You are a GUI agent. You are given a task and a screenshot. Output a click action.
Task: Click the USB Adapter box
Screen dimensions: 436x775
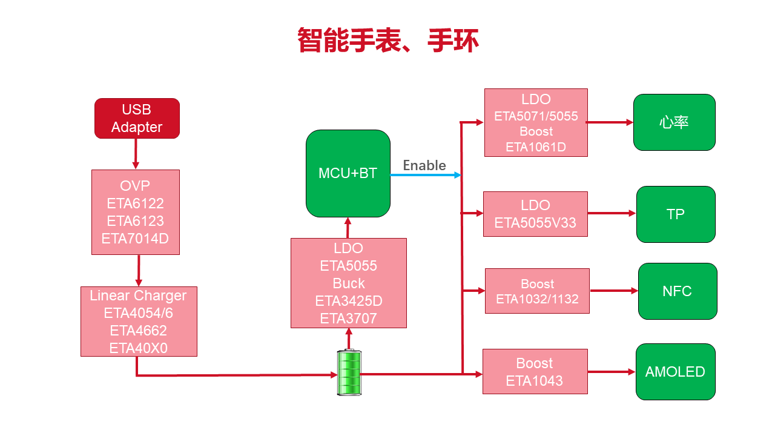pyautogui.click(x=137, y=118)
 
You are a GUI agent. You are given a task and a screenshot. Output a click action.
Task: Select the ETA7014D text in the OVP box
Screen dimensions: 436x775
pyautogui.click(x=135, y=239)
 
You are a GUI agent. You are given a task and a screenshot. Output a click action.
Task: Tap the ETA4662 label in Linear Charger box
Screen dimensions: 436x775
pyautogui.click(x=138, y=331)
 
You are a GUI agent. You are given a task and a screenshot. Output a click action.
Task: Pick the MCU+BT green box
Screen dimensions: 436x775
pyautogui.click(x=348, y=173)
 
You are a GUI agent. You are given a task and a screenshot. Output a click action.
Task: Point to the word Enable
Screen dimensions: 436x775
pyautogui.click(x=424, y=165)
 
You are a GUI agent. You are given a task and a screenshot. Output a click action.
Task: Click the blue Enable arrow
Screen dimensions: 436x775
pyautogui.click(x=425, y=175)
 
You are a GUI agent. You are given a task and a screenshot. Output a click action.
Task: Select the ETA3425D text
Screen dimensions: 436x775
pyautogui.click(x=349, y=301)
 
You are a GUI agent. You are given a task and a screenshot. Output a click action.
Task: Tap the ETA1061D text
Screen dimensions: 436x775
pyautogui.click(x=536, y=147)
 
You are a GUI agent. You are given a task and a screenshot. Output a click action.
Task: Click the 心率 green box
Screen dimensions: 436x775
pyautogui.click(x=674, y=122)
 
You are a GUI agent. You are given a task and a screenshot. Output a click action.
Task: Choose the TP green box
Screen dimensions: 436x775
pyautogui.click(x=675, y=214)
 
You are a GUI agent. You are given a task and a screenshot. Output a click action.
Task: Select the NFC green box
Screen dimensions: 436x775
pyautogui.click(x=677, y=291)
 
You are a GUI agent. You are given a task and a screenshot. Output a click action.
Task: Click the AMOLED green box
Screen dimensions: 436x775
pyautogui.click(x=675, y=372)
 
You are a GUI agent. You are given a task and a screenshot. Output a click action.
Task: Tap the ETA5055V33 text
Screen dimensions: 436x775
pyautogui.click(x=535, y=223)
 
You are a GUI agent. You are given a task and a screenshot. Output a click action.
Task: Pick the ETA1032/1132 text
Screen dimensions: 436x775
pyautogui.click(x=537, y=299)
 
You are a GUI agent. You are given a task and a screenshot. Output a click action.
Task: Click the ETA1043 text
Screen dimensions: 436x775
pyautogui.click(x=535, y=381)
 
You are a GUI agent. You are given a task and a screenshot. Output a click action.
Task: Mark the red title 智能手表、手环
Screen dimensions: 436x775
pyautogui.click(x=388, y=41)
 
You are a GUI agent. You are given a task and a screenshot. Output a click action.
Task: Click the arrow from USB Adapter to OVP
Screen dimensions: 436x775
pyautogui.click(x=136, y=154)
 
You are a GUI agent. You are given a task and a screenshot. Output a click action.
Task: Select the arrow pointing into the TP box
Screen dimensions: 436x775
pyautogui.click(x=612, y=213)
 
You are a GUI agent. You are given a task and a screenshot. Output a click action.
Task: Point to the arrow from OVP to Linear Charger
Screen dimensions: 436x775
pyautogui.click(x=139, y=270)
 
